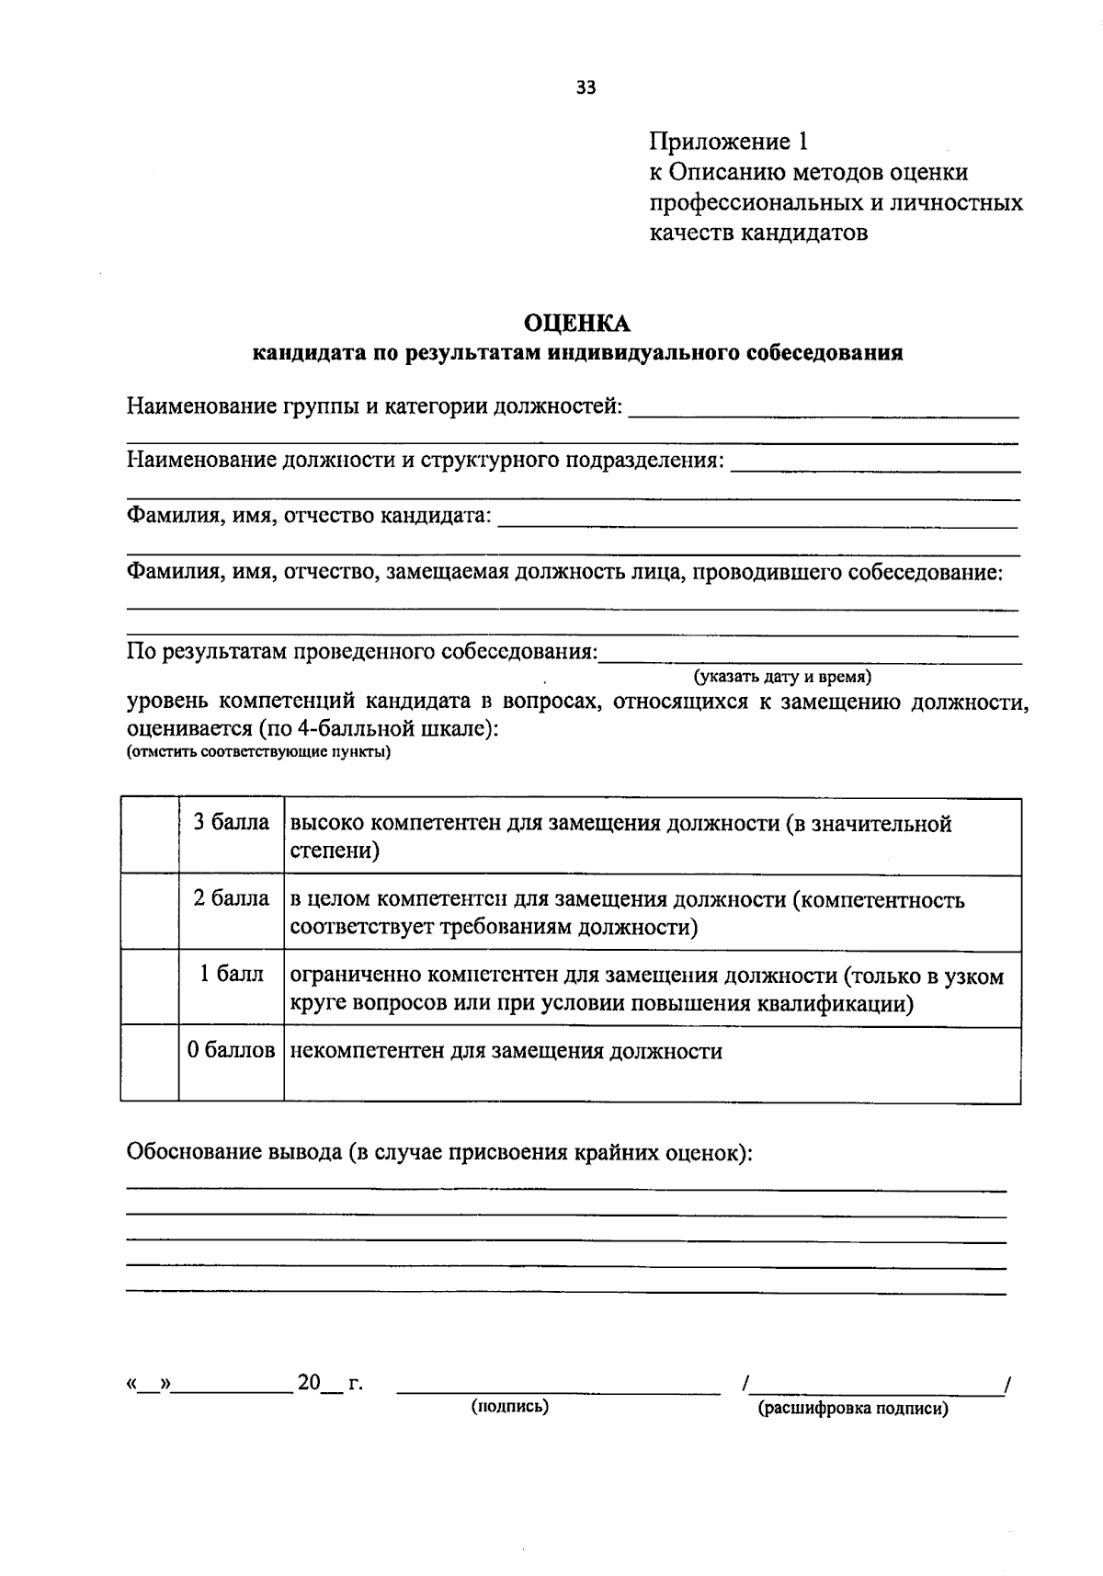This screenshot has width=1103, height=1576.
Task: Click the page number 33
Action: (x=586, y=88)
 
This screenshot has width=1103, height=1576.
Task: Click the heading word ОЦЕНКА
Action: (x=577, y=323)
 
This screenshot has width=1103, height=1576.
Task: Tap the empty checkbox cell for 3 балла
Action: (x=149, y=836)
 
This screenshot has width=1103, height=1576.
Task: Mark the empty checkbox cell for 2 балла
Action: (x=149, y=912)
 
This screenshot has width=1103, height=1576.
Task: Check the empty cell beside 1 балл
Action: (x=149, y=988)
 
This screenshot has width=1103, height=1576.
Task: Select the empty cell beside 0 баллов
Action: (x=149, y=1064)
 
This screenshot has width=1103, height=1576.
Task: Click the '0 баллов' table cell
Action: (x=231, y=1051)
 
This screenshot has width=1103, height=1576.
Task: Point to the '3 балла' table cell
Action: (x=231, y=822)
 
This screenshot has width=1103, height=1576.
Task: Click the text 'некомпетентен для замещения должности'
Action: (x=506, y=1051)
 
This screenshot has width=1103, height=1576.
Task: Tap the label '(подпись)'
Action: (x=510, y=1407)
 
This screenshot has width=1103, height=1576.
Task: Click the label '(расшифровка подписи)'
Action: (x=852, y=1409)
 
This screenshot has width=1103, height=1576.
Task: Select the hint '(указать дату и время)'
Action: (x=783, y=677)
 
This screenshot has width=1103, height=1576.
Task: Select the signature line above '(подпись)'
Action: (x=558, y=1390)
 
